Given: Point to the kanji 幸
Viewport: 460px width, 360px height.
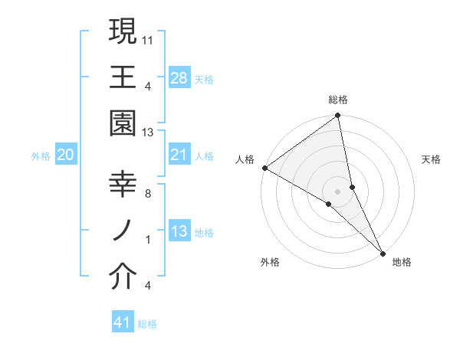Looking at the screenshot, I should pyautogui.click(x=123, y=185).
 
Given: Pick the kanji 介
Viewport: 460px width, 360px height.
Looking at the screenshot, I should pyautogui.click(x=123, y=278).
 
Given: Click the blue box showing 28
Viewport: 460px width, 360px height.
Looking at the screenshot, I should pyautogui.click(x=179, y=77).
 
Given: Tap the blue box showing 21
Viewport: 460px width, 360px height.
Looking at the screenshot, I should pyautogui.click(x=179, y=155).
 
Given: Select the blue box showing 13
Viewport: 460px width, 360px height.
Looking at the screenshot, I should pyautogui.click(x=179, y=231).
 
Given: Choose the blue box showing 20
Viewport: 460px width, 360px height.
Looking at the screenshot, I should pyautogui.click(x=66, y=155).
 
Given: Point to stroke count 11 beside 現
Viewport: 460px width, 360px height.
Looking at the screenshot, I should pyautogui.click(x=148, y=38).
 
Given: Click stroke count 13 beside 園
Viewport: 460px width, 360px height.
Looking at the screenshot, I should pyautogui.click(x=148, y=133).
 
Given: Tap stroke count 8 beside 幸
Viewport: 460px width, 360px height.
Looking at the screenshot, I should pyautogui.click(x=147, y=194).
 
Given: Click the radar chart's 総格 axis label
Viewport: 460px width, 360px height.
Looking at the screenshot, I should pyautogui.click(x=338, y=100).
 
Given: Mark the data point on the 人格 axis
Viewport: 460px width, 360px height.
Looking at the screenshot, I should pyautogui.click(x=264, y=168).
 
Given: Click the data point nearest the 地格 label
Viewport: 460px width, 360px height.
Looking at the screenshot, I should pyautogui.click(x=383, y=251).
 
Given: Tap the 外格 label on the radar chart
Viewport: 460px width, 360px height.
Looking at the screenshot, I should pyautogui.click(x=270, y=262).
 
